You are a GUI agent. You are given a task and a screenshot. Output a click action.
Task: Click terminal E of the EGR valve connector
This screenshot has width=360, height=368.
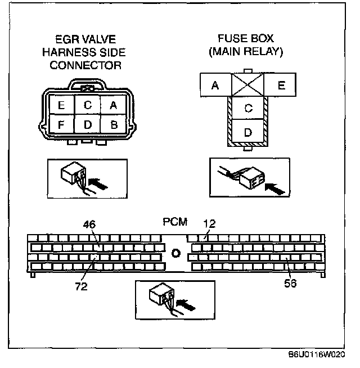(61, 104)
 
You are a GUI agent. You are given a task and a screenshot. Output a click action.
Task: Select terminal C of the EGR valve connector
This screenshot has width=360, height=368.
(87, 104)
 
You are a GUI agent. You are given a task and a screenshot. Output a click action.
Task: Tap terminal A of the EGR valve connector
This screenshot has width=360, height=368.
(113, 104)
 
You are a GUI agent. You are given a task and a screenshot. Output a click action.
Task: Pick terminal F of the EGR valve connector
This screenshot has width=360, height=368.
(61, 124)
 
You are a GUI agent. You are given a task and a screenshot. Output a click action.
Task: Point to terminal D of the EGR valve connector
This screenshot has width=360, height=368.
(87, 124)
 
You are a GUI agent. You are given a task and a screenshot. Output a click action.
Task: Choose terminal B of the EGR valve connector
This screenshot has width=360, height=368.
(113, 124)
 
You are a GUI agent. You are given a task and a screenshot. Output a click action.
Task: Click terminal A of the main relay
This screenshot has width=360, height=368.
(215, 86)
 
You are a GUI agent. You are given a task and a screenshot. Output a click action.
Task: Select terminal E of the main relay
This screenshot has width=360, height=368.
(281, 86)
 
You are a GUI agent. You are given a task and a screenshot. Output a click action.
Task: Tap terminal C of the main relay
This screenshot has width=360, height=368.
(248, 109)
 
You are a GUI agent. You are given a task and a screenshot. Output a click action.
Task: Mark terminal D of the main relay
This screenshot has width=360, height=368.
(248, 132)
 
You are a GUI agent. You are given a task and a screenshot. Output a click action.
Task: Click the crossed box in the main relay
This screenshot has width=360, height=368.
(248, 86)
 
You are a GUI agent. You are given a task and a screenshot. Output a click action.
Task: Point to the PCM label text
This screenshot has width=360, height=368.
(175, 222)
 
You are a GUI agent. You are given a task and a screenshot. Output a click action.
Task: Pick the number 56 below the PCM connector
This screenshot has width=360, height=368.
(290, 283)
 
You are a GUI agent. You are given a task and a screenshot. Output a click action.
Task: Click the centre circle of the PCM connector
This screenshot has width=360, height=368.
(175, 253)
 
